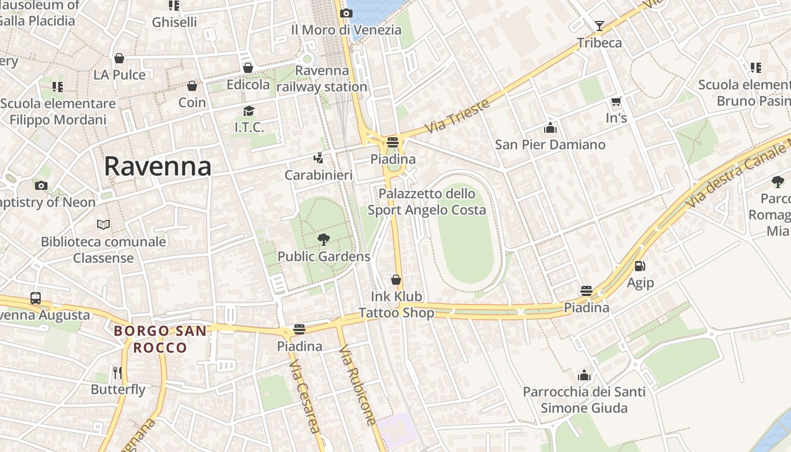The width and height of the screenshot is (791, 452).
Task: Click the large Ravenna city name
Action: click(158, 167)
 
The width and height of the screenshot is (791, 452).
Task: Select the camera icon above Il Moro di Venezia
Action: click(346, 13)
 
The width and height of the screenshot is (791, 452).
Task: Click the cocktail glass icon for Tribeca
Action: click(599, 26)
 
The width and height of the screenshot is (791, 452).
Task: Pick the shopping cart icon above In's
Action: click(616, 102)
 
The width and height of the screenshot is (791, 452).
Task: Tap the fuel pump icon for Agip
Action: click(640, 266)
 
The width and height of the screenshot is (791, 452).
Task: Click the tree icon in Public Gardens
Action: click(324, 240)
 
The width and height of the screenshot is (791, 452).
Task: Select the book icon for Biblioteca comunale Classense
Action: click(103, 225)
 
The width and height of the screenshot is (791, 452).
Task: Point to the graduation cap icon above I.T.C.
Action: click(249, 111)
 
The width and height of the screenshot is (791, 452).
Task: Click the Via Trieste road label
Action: click(457, 116)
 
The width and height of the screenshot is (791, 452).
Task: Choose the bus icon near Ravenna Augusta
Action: click(36, 298)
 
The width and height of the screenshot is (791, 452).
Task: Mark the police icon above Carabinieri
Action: click(319, 158)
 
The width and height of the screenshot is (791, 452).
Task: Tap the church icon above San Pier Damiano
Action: click(550, 128)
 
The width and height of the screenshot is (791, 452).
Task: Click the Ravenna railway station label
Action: click(322, 79)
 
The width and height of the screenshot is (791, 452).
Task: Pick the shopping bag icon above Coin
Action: click(192, 86)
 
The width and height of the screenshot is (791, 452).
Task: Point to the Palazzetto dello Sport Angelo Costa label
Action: click(427, 202)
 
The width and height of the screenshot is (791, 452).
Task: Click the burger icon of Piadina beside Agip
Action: click(586, 291)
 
